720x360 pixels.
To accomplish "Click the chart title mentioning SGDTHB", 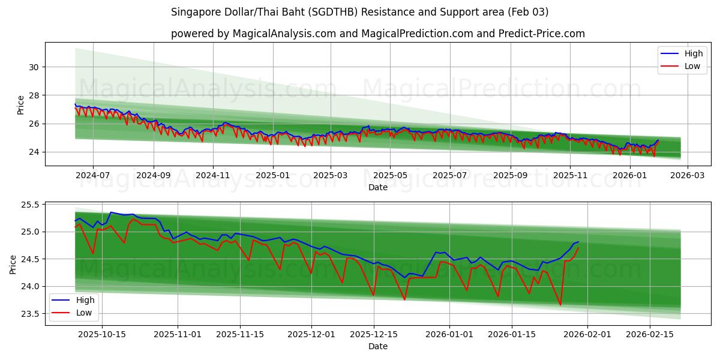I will pyautogui.click(x=359, y=12).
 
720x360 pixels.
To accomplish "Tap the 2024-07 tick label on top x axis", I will pyautogui.click(x=93, y=175).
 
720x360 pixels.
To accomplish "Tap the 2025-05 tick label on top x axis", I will pyautogui.click(x=390, y=175).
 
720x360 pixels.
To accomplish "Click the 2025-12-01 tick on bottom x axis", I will pyautogui.click(x=311, y=335).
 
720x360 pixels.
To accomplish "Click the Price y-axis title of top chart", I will pyautogui.click(x=21, y=104).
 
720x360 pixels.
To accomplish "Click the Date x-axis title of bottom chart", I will pyautogui.click(x=378, y=346).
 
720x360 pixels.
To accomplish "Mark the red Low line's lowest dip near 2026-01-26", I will pyautogui.click(x=560, y=305).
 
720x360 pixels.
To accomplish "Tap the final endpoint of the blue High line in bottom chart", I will pyautogui.click(x=578, y=242).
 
